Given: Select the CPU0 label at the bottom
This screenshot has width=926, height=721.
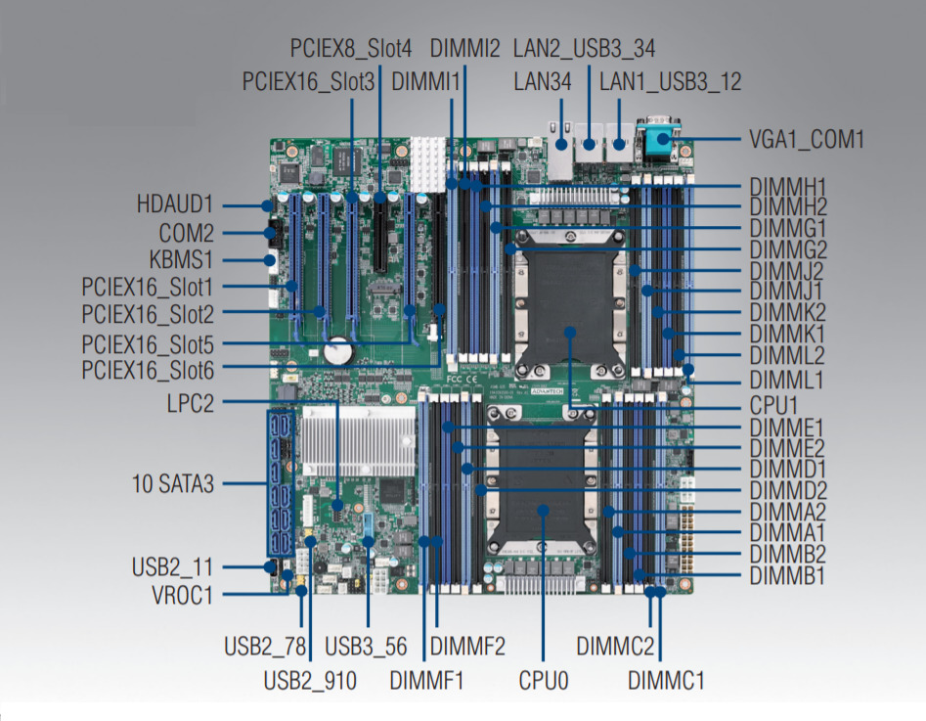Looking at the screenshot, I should click(543, 678).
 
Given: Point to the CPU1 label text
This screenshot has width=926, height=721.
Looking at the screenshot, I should click(776, 404).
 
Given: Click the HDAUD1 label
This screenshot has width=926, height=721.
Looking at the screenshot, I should click(174, 205).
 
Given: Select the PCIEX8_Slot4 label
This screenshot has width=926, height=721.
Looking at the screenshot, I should click(351, 48).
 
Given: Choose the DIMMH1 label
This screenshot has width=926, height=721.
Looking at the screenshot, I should click(788, 185).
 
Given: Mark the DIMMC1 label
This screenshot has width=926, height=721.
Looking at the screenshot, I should click(665, 679).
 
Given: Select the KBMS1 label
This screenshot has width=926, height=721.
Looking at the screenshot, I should click(180, 260).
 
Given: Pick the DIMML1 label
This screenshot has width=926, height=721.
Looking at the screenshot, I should click(786, 380).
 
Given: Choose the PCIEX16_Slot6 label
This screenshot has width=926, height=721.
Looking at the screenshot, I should click(148, 370).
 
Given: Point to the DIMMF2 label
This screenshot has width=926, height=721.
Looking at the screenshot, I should click(467, 647).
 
